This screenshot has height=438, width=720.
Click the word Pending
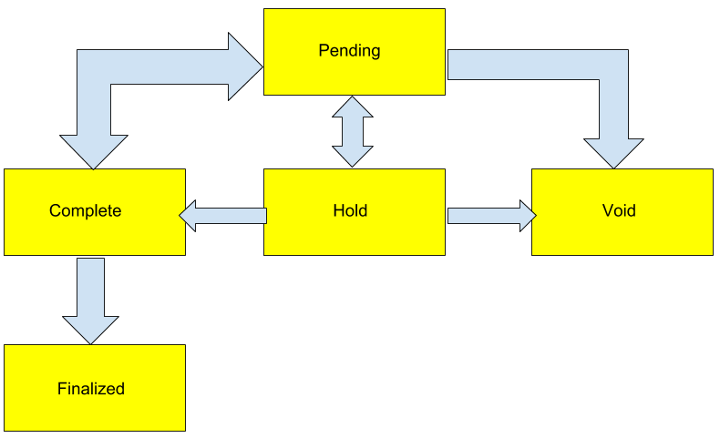(x=349, y=51)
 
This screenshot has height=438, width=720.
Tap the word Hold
(x=350, y=211)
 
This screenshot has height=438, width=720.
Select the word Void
(x=619, y=211)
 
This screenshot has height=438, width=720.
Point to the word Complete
(x=85, y=211)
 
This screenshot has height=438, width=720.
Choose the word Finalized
(x=90, y=389)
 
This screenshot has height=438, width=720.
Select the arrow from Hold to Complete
(x=224, y=215)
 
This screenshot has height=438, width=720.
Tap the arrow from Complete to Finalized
(x=90, y=296)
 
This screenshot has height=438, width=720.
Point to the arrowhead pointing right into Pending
(x=245, y=66)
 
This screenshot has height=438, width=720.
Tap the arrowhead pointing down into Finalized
(x=90, y=328)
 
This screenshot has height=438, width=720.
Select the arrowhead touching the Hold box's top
(x=352, y=154)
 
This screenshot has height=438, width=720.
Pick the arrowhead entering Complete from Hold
(x=189, y=215)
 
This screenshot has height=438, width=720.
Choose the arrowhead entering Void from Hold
(x=527, y=215)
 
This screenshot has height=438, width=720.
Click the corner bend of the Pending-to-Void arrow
(x=613, y=67)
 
